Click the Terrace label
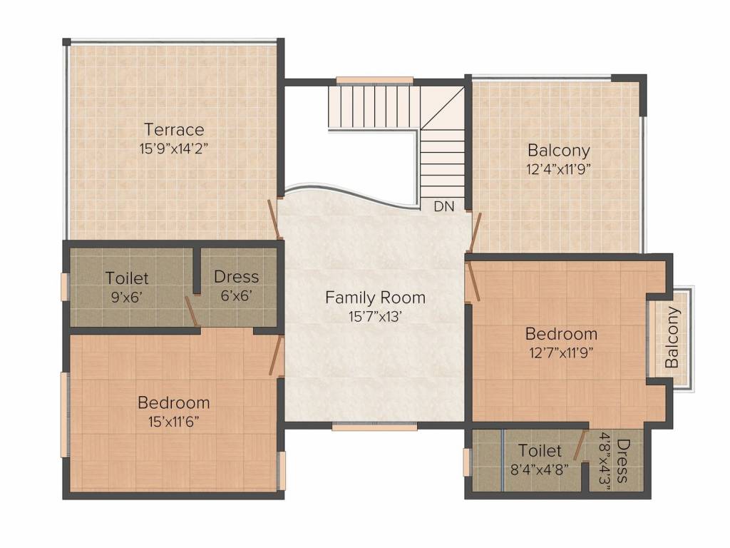(x=174, y=129)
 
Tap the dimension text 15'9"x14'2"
(x=173, y=148)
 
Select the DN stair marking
(x=443, y=206)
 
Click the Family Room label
(x=375, y=298)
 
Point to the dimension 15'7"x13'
(x=375, y=317)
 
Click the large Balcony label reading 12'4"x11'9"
(x=559, y=151)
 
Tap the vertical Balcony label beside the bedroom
(x=672, y=338)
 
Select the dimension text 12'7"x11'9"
(x=561, y=352)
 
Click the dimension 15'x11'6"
(x=174, y=422)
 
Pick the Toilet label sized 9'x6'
(x=127, y=278)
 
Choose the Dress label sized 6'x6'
(x=236, y=276)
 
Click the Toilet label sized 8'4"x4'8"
(x=540, y=451)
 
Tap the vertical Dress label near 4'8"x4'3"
(x=622, y=461)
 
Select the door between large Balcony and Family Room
(x=474, y=233)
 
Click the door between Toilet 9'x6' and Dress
(x=192, y=311)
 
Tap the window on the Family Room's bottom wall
(x=374, y=427)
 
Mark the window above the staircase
(x=375, y=81)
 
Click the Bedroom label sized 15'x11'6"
(x=174, y=402)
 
